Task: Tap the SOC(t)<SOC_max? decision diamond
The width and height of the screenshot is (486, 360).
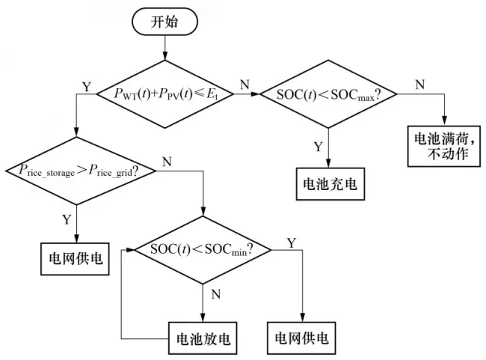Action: click(x=327, y=94)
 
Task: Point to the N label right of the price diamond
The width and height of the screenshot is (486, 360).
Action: click(x=165, y=161)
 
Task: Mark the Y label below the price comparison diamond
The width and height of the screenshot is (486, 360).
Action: click(x=67, y=220)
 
